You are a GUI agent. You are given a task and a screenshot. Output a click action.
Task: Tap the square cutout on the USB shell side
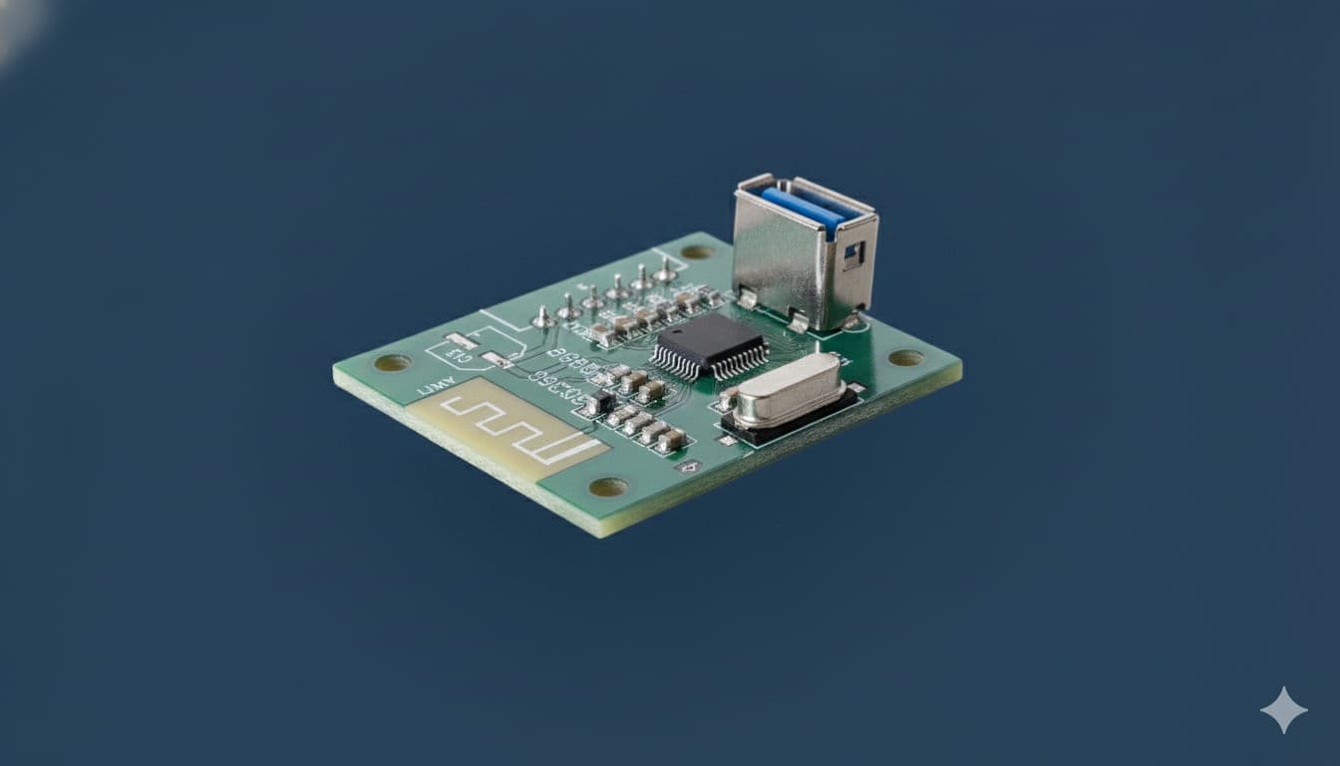(852, 254)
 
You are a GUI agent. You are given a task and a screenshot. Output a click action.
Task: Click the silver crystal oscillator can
(788, 390)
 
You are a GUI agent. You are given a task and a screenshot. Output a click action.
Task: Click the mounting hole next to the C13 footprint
(392, 362)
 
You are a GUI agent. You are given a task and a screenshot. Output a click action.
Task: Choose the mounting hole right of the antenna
(607, 487)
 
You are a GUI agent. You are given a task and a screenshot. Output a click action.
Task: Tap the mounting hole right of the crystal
(905, 357)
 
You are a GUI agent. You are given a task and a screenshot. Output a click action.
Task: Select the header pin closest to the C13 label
(543, 318)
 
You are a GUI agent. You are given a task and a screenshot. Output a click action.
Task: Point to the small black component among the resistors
(599, 403)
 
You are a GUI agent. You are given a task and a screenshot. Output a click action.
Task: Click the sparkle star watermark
(1283, 710)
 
